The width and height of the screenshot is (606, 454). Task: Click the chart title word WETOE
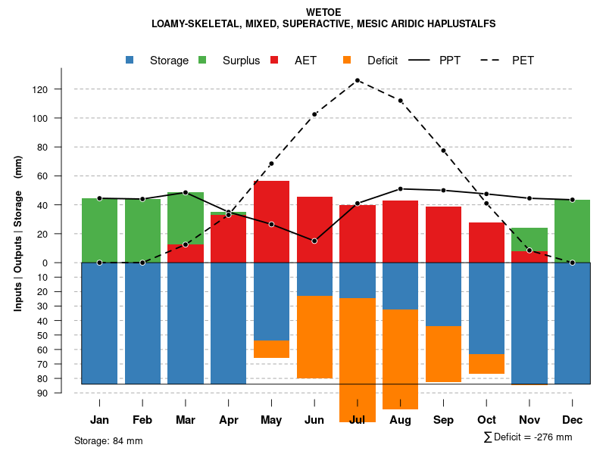pyautogui.click(x=323, y=13)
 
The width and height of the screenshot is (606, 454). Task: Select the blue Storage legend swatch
pyautogui.click(x=130, y=60)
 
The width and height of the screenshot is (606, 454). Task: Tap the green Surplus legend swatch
pyautogui.click(x=202, y=60)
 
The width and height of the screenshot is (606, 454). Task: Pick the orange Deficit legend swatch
pyautogui.click(x=347, y=60)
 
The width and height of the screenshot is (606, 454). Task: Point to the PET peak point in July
pyautogui.click(x=358, y=80)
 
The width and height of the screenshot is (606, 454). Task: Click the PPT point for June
pyautogui.click(x=314, y=241)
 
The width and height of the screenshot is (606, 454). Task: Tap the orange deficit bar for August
pyautogui.click(x=400, y=359)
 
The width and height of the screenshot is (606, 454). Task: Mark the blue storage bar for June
pyautogui.click(x=314, y=279)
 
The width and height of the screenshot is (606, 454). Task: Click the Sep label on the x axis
pyautogui.click(x=443, y=420)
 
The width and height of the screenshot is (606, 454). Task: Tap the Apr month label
pyautogui.click(x=229, y=420)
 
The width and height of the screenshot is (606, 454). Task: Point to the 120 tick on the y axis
pyautogui.click(x=61, y=89)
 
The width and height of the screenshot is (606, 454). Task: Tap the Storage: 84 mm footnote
pyautogui.click(x=108, y=440)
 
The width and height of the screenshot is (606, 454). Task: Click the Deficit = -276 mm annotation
pyautogui.click(x=528, y=437)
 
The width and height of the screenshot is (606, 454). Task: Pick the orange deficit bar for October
pyautogui.click(x=486, y=364)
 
